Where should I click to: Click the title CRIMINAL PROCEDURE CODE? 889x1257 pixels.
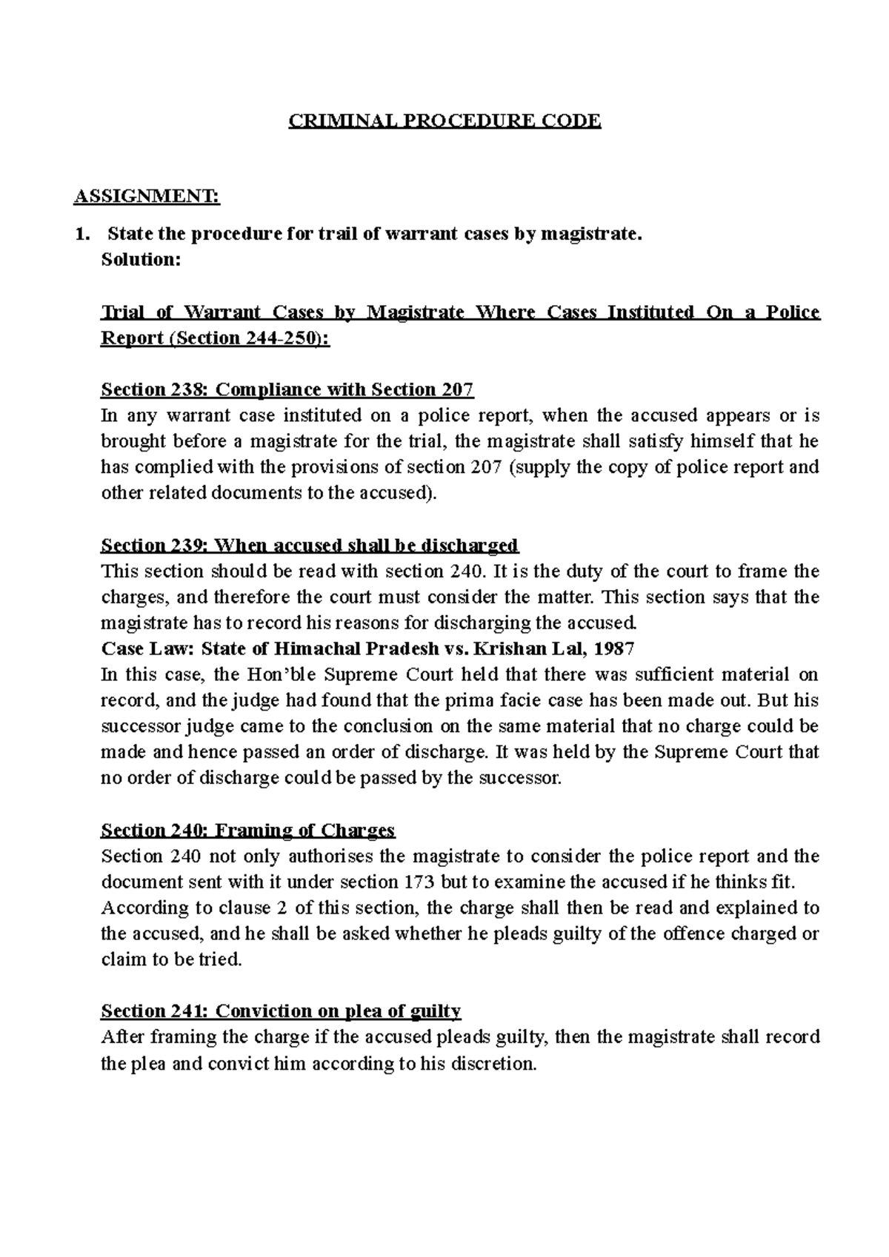444,121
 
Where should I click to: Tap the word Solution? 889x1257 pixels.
141,260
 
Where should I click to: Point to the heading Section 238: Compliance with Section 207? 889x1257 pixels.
287,389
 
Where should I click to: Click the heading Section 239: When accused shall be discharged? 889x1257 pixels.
310,546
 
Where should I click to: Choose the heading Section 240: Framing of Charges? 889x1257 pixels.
248,830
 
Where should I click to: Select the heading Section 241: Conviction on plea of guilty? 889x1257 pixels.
281,1011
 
